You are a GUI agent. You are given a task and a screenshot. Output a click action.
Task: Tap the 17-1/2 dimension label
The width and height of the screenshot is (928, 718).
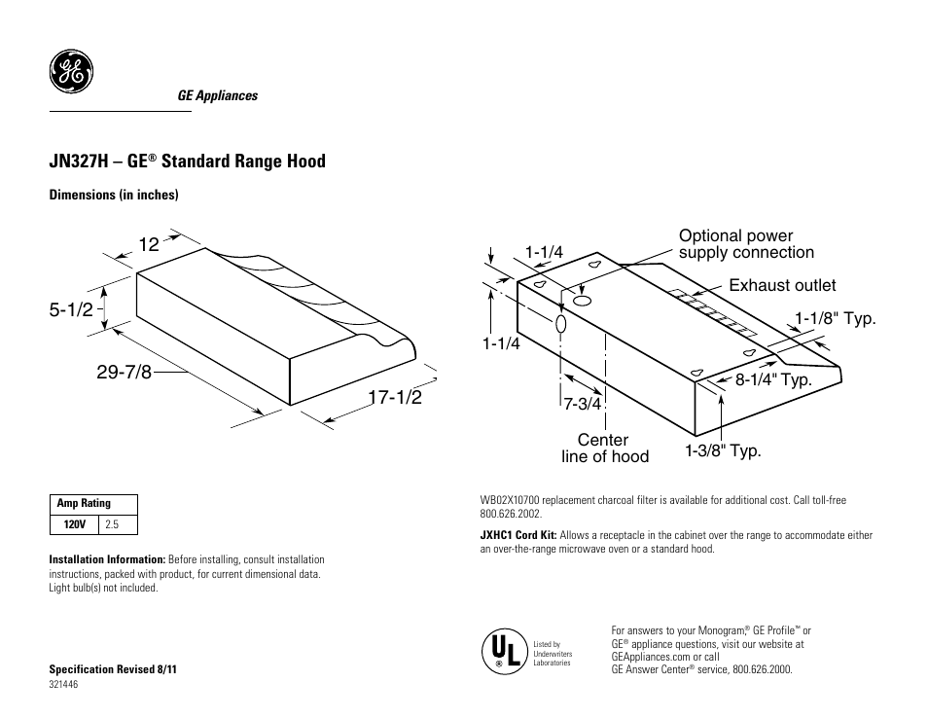395,397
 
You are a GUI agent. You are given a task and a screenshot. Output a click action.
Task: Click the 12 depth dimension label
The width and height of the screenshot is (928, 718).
148,245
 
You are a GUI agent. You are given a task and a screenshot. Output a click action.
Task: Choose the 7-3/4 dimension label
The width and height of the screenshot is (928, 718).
583,404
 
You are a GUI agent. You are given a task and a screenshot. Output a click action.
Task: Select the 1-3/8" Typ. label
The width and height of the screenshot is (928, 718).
723,450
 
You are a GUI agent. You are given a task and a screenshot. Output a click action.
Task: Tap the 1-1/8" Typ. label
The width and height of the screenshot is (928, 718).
836,318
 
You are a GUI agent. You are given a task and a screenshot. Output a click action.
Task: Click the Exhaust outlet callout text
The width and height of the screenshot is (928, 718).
782,285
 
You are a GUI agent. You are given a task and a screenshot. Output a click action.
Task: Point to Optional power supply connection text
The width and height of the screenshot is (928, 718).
746,244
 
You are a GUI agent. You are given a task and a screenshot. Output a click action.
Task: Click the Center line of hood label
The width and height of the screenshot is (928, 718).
604,449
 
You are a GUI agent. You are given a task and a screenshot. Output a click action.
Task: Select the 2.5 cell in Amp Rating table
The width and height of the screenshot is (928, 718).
112,524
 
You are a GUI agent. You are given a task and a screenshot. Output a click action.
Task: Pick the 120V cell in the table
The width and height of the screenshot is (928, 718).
76,524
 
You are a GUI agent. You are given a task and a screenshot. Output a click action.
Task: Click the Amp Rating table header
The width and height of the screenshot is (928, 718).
85,504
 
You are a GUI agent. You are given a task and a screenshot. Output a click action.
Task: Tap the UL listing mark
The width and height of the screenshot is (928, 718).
502,650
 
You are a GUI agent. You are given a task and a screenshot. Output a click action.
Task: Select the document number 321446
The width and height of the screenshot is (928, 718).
63,684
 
